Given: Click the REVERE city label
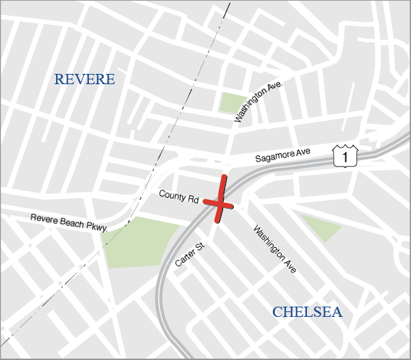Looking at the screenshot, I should [85, 79].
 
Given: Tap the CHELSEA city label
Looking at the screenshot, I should [307, 312].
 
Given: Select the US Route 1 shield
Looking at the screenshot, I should [345, 157].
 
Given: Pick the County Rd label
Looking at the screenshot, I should [178, 196].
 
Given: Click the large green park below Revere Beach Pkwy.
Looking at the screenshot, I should [137, 241].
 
